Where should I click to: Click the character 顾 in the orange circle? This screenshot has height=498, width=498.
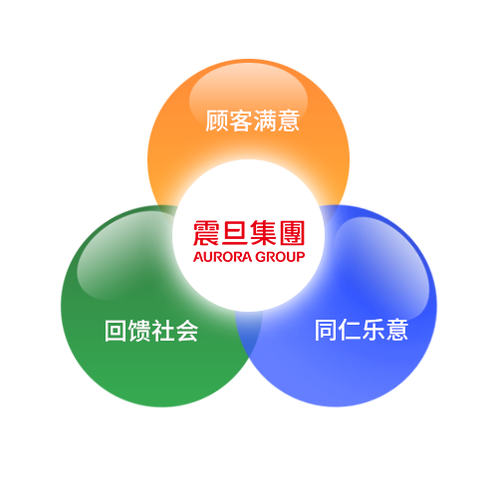click(217, 121)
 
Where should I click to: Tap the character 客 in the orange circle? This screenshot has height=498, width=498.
click(240, 121)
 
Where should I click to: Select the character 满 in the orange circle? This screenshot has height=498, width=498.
click(264, 121)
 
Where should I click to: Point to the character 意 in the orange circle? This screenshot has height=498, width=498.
click(288, 121)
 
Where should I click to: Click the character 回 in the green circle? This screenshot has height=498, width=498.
click(116, 331)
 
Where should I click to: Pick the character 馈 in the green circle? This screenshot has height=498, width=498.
click(139, 331)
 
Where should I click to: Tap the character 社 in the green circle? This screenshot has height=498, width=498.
click(163, 331)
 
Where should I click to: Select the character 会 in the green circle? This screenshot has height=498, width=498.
click(187, 331)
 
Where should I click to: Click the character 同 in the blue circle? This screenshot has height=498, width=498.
click(326, 330)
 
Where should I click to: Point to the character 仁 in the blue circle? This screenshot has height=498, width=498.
click(350, 330)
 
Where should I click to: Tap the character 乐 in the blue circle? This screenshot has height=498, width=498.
click(373, 330)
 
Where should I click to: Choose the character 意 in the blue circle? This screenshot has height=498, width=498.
click(396, 330)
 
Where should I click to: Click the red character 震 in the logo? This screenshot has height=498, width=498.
click(206, 233)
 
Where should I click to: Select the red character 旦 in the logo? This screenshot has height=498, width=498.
click(235, 233)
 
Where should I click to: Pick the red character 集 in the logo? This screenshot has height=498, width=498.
click(263, 233)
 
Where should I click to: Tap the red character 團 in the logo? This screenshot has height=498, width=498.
click(292, 233)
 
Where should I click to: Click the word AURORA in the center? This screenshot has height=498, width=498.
click(222, 257)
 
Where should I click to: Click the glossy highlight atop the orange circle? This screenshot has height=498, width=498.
click(248, 97)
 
